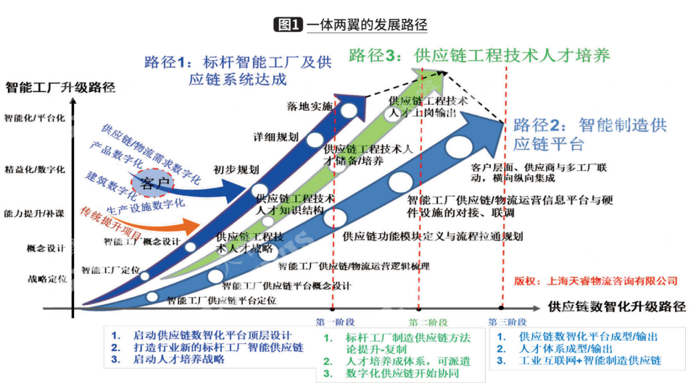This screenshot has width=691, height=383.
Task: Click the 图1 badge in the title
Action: coord(288,25)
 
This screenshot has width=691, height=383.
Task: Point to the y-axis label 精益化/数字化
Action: coord(35,169)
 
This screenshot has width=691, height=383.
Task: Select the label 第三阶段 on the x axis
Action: coord(506,321)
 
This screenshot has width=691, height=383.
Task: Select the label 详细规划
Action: coord(275,136)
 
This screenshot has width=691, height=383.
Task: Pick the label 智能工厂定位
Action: coord(110,270)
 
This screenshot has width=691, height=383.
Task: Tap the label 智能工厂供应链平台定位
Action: coord(221,299)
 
